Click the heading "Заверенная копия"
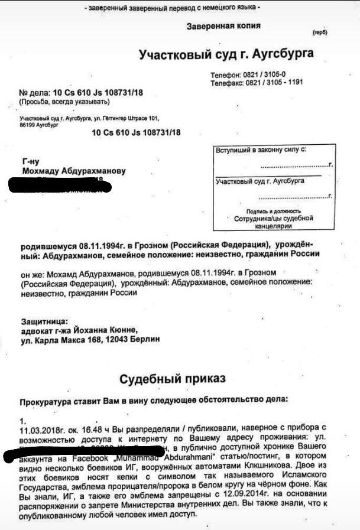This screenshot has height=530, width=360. point(223,27)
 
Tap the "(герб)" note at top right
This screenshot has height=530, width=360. point(320,32)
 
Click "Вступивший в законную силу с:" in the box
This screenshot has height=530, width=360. point(260,151)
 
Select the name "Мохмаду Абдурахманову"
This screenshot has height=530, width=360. point(73,171)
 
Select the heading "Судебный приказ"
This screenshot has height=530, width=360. point(172,378)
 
